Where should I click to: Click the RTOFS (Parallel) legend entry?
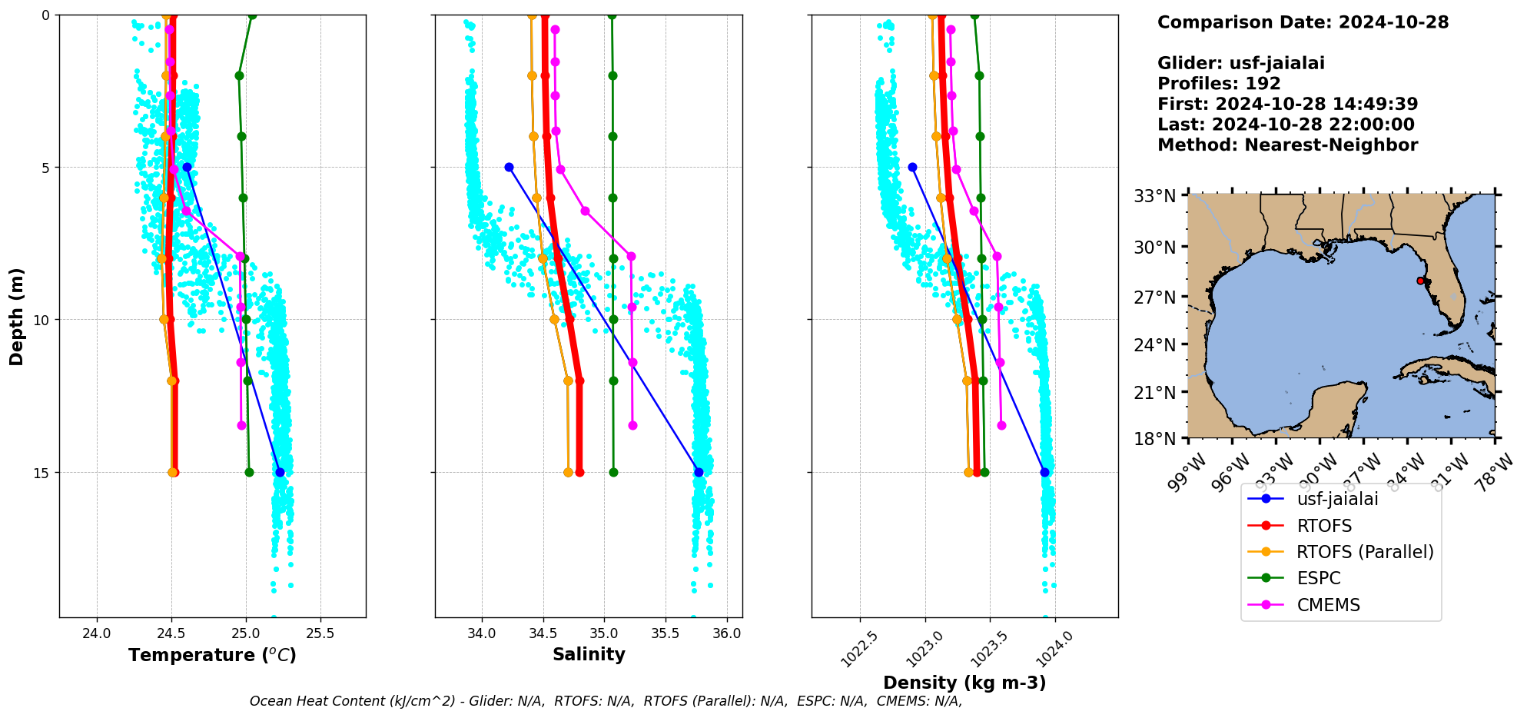pyautogui.click(x=1364, y=552)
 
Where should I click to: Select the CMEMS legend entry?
pyautogui.click(x=1328, y=605)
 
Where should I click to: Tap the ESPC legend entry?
pyautogui.click(x=1318, y=578)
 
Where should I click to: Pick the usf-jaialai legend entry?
pyautogui.click(x=1337, y=499)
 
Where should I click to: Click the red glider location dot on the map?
pyautogui.click(x=1420, y=281)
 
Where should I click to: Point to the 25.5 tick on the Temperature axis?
pyautogui.click(x=320, y=633)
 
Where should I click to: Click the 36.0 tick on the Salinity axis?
pyautogui.click(x=727, y=633)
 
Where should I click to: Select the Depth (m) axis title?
pyautogui.click(x=17, y=317)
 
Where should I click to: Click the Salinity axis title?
pyautogui.click(x=589, y=654)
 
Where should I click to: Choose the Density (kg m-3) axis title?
pyautogui.click(x=964, y=683)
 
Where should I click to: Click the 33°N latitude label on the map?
pyautogui.click(x=1155, y=196)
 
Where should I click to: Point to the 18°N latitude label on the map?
pyautogui.click(x=1155, y=439)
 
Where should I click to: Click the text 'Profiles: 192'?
pyautogui.click(x=1219, y=84)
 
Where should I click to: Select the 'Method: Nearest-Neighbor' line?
pyautogui.click(x=1287, y=145)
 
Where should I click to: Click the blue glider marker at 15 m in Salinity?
pyautogui.click(x=699, y=472)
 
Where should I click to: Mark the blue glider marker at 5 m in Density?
pyautogui.click(x=912, y=167)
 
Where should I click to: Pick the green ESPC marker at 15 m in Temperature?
pyautogui.click(x=249, y=472)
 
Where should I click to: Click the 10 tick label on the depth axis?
pyautogui.click(x=45, y=320)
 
